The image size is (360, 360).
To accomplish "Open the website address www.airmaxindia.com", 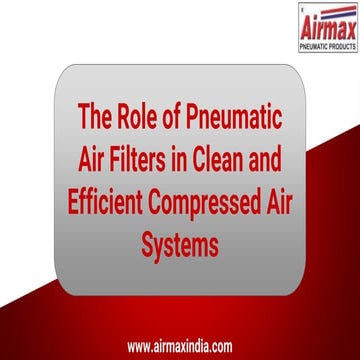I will point(180,347).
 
